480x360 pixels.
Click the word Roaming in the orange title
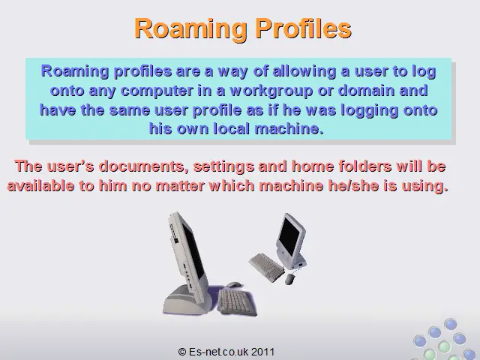[190, 28]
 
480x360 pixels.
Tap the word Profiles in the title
[304, 28]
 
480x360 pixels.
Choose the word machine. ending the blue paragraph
[289, 128]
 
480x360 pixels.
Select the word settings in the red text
[223, 166]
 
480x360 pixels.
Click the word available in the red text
[40, 186]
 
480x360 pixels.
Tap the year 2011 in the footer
[263, 352]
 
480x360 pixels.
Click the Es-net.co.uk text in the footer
[218, 352]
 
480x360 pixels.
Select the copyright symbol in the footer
[181, 352]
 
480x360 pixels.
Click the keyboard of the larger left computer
[236, 302]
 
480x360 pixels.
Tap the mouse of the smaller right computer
[290, 278]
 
